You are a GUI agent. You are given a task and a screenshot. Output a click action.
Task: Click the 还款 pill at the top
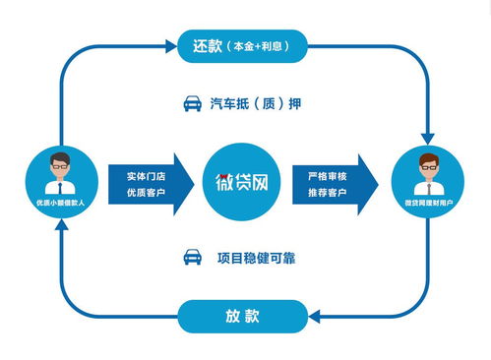(242, 44)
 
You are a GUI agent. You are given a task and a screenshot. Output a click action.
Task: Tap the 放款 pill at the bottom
(242, 316)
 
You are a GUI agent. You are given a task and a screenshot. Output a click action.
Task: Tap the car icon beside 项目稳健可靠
(193, 258)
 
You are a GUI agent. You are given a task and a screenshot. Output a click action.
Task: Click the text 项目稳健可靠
(256, 258)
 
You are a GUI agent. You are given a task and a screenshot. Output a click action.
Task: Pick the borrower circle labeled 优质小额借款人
(60, 180)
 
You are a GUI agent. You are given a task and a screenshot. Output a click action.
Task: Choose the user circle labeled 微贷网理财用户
(428, 180)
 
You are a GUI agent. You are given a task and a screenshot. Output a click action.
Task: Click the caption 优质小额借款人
(60, 201)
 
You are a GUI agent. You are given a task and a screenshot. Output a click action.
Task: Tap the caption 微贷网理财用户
(428, 201)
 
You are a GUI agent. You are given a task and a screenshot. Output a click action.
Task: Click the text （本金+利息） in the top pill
(266, 45)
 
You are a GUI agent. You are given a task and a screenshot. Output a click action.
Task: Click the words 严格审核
(328, 174)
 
